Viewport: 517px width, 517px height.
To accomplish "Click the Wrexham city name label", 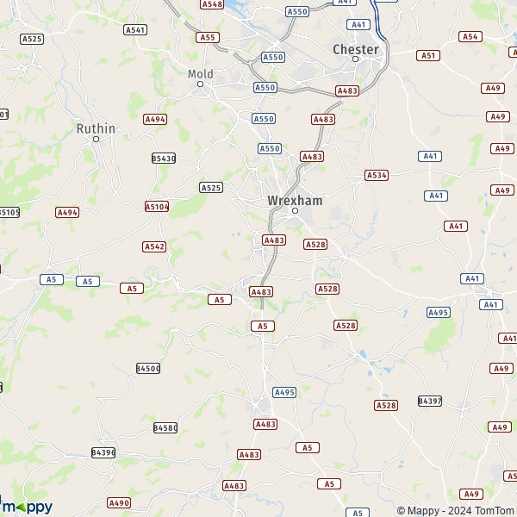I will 295,200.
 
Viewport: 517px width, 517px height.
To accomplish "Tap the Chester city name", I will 355,49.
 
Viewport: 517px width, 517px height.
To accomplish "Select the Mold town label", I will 200,74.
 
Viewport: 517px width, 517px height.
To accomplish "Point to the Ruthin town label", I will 96,128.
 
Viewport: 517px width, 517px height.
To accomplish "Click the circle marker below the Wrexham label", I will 295,210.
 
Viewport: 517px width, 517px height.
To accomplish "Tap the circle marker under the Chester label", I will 355,59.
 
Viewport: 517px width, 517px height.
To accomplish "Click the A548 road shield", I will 211,4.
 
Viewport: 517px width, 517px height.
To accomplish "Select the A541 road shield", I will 135,29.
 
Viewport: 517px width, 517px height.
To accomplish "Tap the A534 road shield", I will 377,175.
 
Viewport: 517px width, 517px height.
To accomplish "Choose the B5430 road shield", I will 163,159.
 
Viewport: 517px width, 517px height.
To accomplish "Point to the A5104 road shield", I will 157,207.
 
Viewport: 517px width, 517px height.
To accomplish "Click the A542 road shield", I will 154,246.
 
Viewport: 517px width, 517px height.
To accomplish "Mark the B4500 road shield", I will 148,369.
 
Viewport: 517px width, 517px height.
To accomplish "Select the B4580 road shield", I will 165,427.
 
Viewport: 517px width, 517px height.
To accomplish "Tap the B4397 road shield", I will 429,402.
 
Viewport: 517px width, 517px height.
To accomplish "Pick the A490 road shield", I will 119,502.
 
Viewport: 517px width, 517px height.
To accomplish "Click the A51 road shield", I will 428,55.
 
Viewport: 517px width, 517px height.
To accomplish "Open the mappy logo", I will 27,506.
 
